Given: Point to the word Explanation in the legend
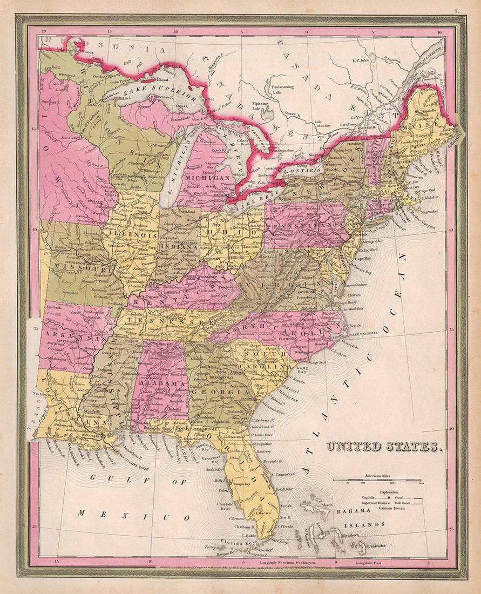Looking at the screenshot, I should tap(389, 492).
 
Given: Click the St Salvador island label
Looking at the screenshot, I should tap(376, 545).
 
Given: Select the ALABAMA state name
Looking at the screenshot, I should tap(154, 383).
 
